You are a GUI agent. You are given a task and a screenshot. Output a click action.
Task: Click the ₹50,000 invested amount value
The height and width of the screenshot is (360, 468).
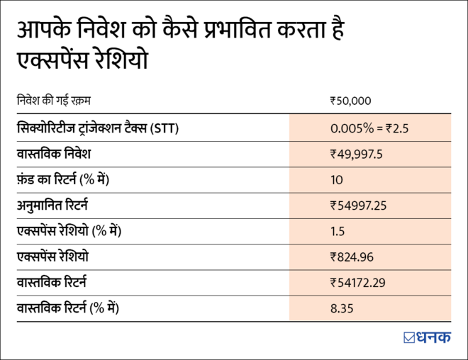tap(350, 101)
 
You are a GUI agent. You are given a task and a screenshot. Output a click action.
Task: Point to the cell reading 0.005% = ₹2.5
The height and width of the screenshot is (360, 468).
tap(369, 128)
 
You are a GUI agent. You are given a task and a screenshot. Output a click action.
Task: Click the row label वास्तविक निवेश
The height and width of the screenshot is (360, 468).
tap(54, 154)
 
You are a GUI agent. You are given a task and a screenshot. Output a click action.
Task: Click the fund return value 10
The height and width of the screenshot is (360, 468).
tap(337, 180)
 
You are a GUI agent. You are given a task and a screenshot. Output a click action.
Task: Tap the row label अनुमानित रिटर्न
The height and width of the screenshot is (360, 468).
tap(61, 206)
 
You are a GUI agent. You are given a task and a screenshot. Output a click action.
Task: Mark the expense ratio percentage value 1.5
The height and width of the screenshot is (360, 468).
tap(338, 232)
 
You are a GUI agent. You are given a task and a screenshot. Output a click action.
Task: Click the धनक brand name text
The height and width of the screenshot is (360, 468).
tap(433, 337)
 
